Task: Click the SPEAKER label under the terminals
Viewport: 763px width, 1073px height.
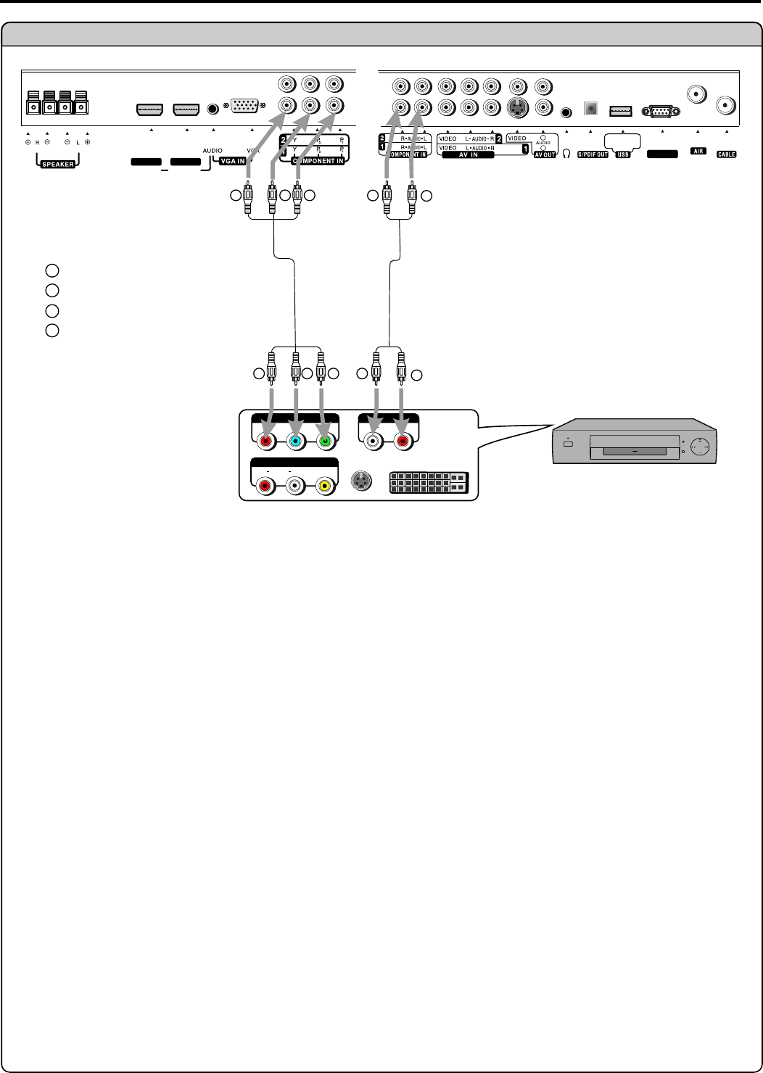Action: pyautogui.click(x=57, y=164)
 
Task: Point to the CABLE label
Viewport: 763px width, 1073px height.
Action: pyautogui.click(x=726, y=154)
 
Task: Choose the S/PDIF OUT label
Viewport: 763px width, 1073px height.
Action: pyautogui.click(x=593, y=154)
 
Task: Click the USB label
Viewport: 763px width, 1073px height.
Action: pyautogui.click(x=622, y=154)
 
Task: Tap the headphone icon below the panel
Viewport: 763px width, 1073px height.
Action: pyautogui.click(x=566, y=153)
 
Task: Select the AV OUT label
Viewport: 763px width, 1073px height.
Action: pyautogui.click(x=545, y=154)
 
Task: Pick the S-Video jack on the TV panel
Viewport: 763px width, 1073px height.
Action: pyautogui.click(x=516, y=108)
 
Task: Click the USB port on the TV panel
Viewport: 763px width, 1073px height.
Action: pyautogui.click(x=622, y=111)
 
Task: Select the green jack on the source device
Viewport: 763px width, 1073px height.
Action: pyautogui.click(x=324, y=440)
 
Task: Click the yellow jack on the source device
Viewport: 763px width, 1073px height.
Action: pyautogui.click(x=324, y=486)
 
